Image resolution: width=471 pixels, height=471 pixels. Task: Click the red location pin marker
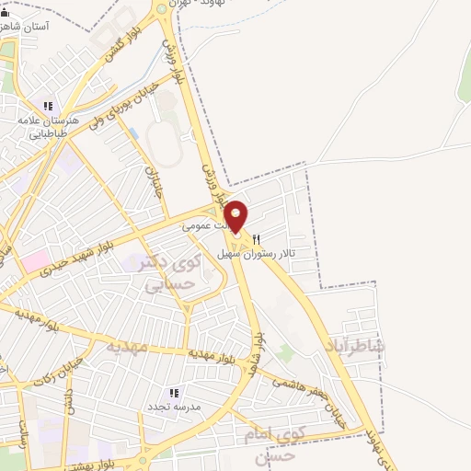click(x=236, y=216)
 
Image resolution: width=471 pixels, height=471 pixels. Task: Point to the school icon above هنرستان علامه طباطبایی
click(x=48, y=105)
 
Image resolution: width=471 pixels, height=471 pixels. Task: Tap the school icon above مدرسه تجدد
click(x=175, y=392)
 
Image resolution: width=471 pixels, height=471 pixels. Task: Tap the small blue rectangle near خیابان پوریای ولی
click(x=134, y=134)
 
